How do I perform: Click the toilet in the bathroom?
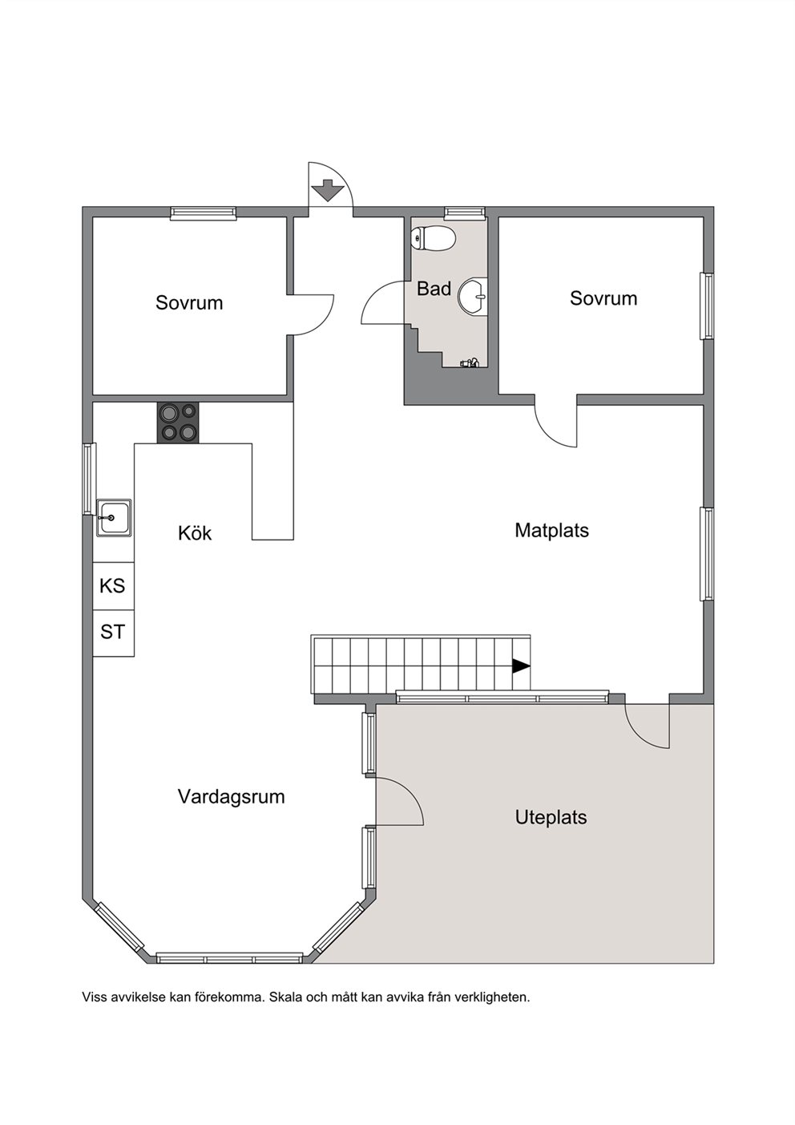click(x=433, y=239)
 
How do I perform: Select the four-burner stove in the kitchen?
click(x=178, y=423)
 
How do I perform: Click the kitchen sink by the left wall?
click(x=114, y=517)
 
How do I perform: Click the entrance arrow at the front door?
click(x=328, y=190)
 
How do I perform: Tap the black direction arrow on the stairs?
click(x=521, y=666)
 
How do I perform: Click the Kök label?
click(x=195, y=533)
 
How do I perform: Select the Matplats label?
click(x=551, y=530)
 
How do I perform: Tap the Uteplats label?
click(x=551, y=818)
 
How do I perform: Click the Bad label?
click(x=434, y=289)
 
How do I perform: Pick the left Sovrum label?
click(x=189, y=303)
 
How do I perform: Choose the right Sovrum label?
click(x=603, y=298)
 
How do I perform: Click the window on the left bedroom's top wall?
click(x=204, y=213)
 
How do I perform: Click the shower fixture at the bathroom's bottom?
click(x=470, y=362)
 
